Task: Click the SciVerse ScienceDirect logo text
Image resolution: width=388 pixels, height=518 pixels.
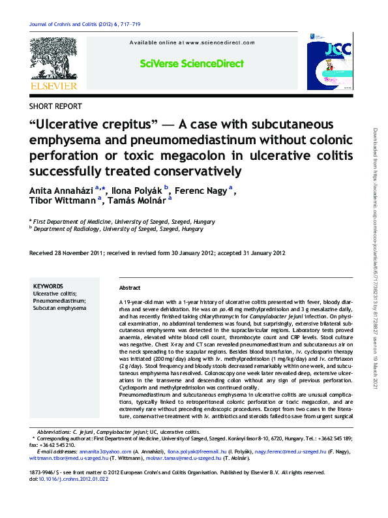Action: pyautogui.click(x=192, y=63)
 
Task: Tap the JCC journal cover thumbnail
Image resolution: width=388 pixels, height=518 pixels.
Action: pyautogui.click(x=329, y=65)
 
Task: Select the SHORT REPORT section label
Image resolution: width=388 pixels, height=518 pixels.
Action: pyautogui.click(x=56, y=106)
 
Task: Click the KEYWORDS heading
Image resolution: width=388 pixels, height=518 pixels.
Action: pyautogui.click(x=48, y=286)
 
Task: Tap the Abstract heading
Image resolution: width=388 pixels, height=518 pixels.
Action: pyautogui.click(x=130, y=288)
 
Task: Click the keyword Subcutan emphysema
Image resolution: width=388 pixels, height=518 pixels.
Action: pyautogui.click(x=59, y=308)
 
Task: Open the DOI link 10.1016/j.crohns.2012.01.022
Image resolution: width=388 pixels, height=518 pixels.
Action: pyautogui.click(x=74, y=479)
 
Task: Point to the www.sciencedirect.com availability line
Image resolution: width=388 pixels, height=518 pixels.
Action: pyautogui.click(x=192, y=42)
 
